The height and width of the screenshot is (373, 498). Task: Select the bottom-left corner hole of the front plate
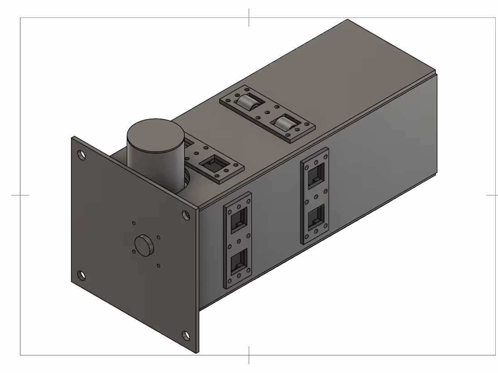(81, 274)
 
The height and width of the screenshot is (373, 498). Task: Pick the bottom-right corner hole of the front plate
(186, 335)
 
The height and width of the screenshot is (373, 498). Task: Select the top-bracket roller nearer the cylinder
(247, 104)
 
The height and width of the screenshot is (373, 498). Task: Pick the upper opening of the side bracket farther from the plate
(315, 176)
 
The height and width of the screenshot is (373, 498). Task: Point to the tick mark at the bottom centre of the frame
(249, 355)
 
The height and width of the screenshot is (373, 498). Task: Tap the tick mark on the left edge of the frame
(20, 195)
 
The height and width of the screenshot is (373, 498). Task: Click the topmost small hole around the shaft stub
(134, 223)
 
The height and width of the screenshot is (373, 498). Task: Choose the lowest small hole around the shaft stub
(158, 265)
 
